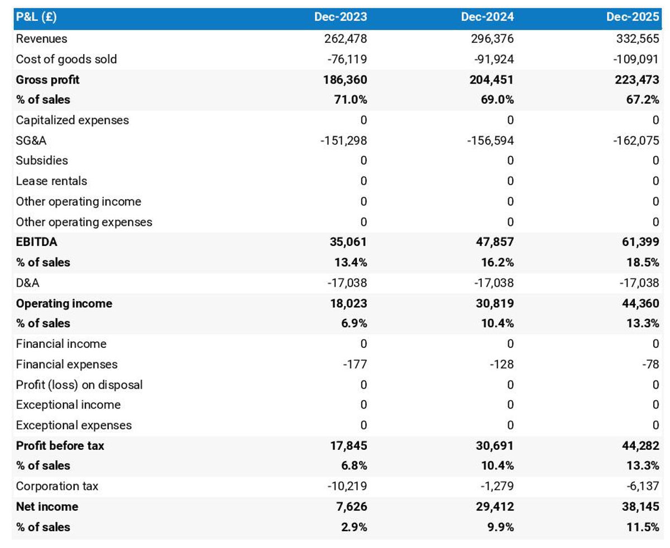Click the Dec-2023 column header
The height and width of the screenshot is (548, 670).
tap(341, 17)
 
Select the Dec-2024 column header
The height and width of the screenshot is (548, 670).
tap(487, 17)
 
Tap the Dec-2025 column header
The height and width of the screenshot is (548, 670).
tap(633, 17)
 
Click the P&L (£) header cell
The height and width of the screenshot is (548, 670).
tap(36, 17)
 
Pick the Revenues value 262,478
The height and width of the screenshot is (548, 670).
tap(346, 38)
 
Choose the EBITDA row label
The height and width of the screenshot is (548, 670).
tap(36, 242)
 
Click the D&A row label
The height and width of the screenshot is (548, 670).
tap(28, 283)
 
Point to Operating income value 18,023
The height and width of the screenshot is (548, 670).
tap(348, 303)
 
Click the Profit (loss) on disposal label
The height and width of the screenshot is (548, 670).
tap(79, 385)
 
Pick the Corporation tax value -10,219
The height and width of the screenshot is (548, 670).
tap(347, 486)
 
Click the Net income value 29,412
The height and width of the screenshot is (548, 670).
tap(494, 507)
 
